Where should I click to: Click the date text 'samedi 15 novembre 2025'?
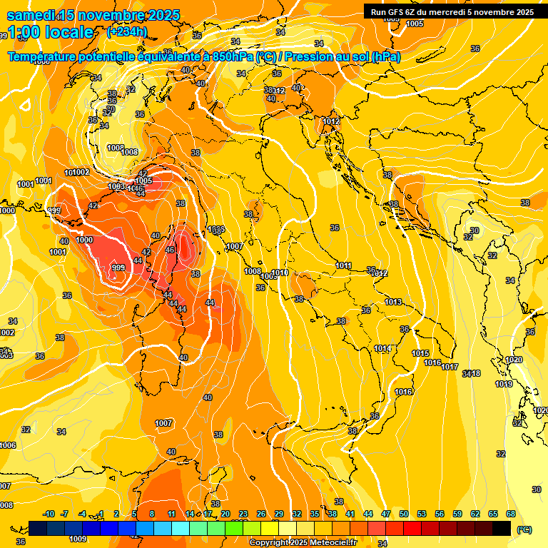pos(93,15)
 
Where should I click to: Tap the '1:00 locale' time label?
pos(49,32)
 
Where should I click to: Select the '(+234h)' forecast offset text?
pos(127,31)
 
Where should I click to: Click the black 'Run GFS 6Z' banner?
pos(452,11)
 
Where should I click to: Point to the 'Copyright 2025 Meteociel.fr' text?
pos(303,542)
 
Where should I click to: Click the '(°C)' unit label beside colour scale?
pos(524,529)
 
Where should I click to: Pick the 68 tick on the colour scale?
pos(511,514)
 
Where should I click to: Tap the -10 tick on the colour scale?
pos(49,514)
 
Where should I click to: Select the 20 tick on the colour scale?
pos(225,514)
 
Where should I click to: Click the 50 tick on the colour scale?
pos(404,514)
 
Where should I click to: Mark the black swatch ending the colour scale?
pos(502,528)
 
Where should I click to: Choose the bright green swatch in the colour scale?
pos(234,528)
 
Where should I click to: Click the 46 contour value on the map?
pos(170,250)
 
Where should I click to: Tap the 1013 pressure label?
pos(393,302)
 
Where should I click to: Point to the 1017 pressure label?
pos(450,367)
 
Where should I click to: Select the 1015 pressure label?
pos(420,353)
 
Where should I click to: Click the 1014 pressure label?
pos(382,348)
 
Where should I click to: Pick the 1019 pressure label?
pos(504,384)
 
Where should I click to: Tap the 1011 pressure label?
pos(343,265)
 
